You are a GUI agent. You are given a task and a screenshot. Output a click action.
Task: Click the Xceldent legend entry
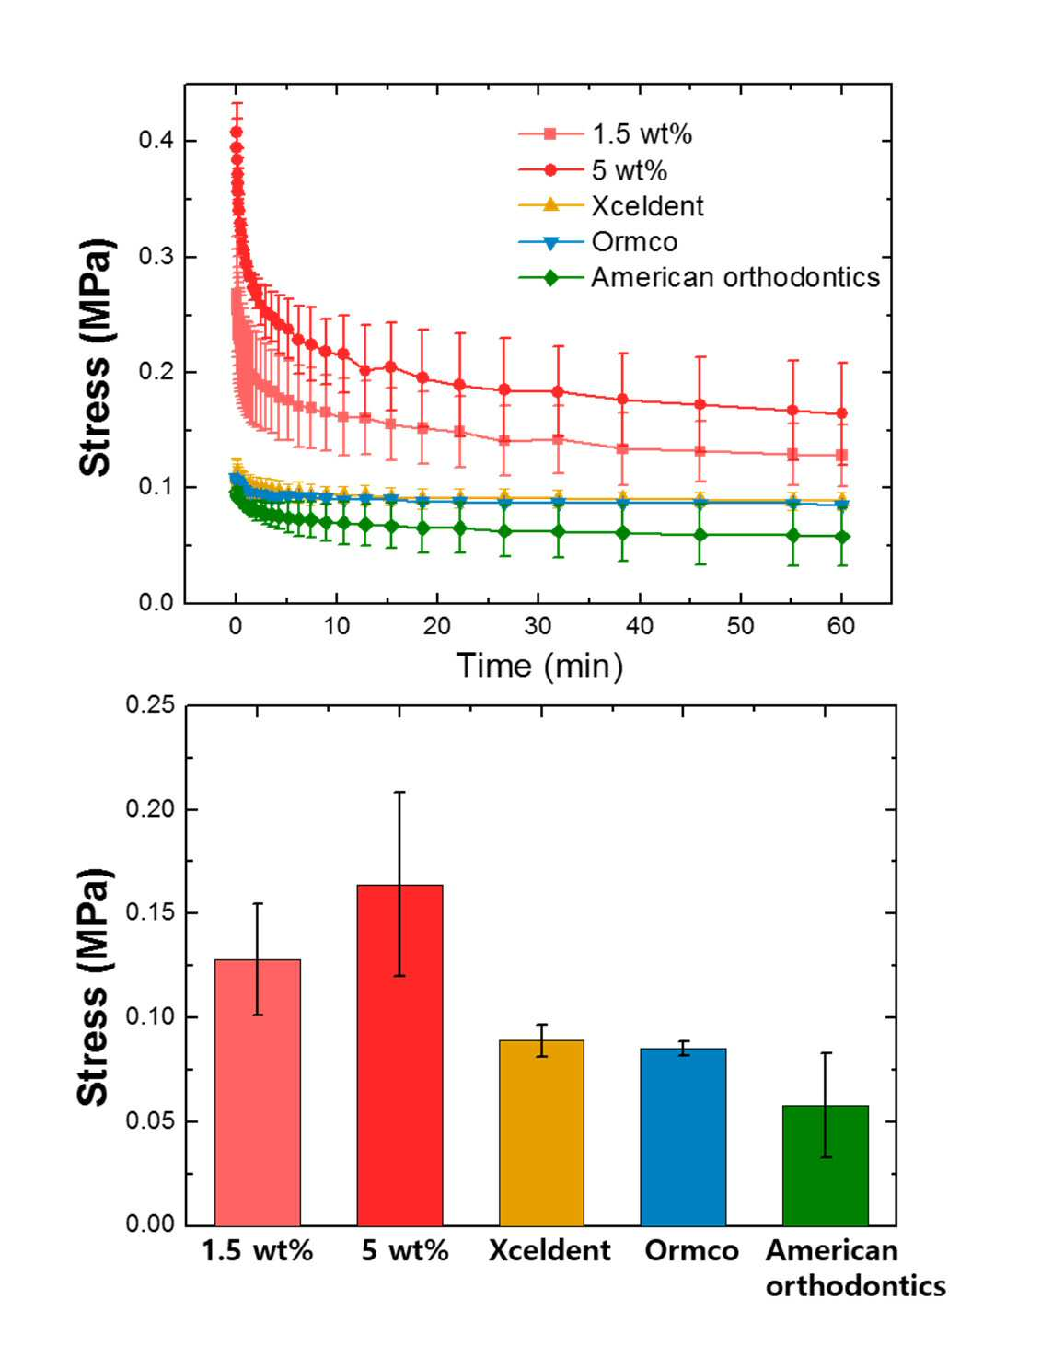611,206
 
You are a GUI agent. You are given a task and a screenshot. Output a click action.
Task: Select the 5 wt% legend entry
594,170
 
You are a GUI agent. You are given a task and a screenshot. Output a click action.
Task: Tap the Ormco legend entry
598,241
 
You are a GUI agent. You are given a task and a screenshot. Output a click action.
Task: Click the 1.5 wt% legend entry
606,133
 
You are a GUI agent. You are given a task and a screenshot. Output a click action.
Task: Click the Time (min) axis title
539,667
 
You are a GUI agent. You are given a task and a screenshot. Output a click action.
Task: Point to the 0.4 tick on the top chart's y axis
155,141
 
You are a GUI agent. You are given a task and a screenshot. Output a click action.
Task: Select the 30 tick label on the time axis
538,627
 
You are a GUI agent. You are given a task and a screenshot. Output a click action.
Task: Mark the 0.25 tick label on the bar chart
150,705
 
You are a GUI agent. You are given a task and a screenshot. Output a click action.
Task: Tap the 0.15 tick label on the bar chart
150,913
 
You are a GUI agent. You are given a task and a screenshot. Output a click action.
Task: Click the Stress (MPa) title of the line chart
96,356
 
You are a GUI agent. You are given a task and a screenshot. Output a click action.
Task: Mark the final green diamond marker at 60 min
842,537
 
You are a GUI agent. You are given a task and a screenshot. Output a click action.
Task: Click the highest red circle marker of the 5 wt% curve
236,132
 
